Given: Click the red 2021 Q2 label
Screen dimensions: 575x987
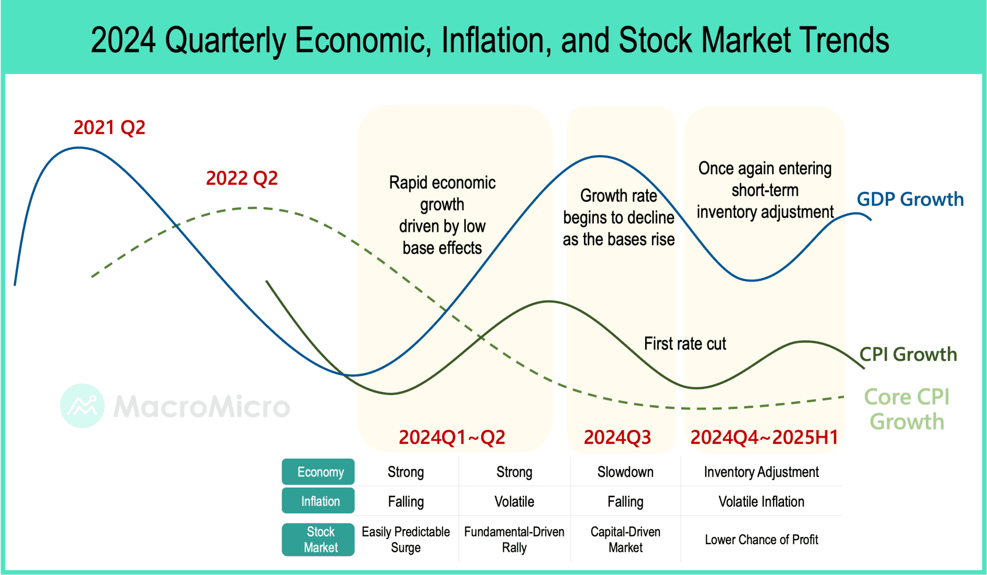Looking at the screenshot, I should (109, 128).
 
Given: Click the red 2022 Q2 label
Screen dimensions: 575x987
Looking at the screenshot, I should (242, 178).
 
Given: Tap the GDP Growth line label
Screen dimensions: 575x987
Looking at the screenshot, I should (910, 200).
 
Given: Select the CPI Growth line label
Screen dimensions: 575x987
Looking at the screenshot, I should (908, 354).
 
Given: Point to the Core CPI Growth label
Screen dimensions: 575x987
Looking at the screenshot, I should (907, 409).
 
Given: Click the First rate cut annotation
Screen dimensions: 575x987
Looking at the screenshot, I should (685, 344).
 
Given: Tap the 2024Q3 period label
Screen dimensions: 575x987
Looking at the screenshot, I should (617, 438).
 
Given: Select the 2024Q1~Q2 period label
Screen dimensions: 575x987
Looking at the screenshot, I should (452, 438).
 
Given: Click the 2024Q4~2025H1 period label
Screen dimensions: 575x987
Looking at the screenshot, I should (764, 438).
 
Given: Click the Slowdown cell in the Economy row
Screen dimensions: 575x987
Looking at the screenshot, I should (625, 472).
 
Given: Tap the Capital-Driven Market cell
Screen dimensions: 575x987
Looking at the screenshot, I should (625, 540).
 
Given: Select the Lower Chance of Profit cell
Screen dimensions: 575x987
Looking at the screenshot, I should (761, 540).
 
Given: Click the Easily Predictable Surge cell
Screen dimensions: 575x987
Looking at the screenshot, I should (406, 540).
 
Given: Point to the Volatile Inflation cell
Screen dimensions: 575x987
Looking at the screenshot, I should (761, 501).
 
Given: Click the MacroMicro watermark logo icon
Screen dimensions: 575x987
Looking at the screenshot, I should (82, 406).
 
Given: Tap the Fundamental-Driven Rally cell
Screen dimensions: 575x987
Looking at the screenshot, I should (514, 540).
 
